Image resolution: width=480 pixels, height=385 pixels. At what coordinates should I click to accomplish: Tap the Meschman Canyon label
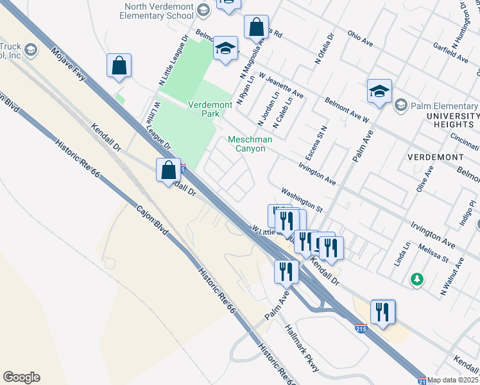(250, 144)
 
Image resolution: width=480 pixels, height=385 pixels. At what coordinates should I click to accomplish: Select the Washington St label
(302, 200)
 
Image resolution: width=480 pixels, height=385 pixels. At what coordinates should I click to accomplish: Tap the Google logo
(21, 377)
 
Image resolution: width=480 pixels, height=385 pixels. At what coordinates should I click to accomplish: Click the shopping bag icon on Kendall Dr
(168, 171)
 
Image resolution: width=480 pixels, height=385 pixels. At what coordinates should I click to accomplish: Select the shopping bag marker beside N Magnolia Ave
(256, 28)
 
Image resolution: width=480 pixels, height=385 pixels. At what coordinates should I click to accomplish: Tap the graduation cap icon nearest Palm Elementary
(379, 92)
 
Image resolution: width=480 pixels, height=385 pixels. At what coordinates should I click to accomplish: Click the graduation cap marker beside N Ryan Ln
(225, 48)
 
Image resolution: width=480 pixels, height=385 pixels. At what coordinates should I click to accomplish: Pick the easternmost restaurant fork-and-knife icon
(382, 312)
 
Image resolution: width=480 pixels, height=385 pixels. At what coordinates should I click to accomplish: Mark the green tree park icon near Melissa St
(417, 279)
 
